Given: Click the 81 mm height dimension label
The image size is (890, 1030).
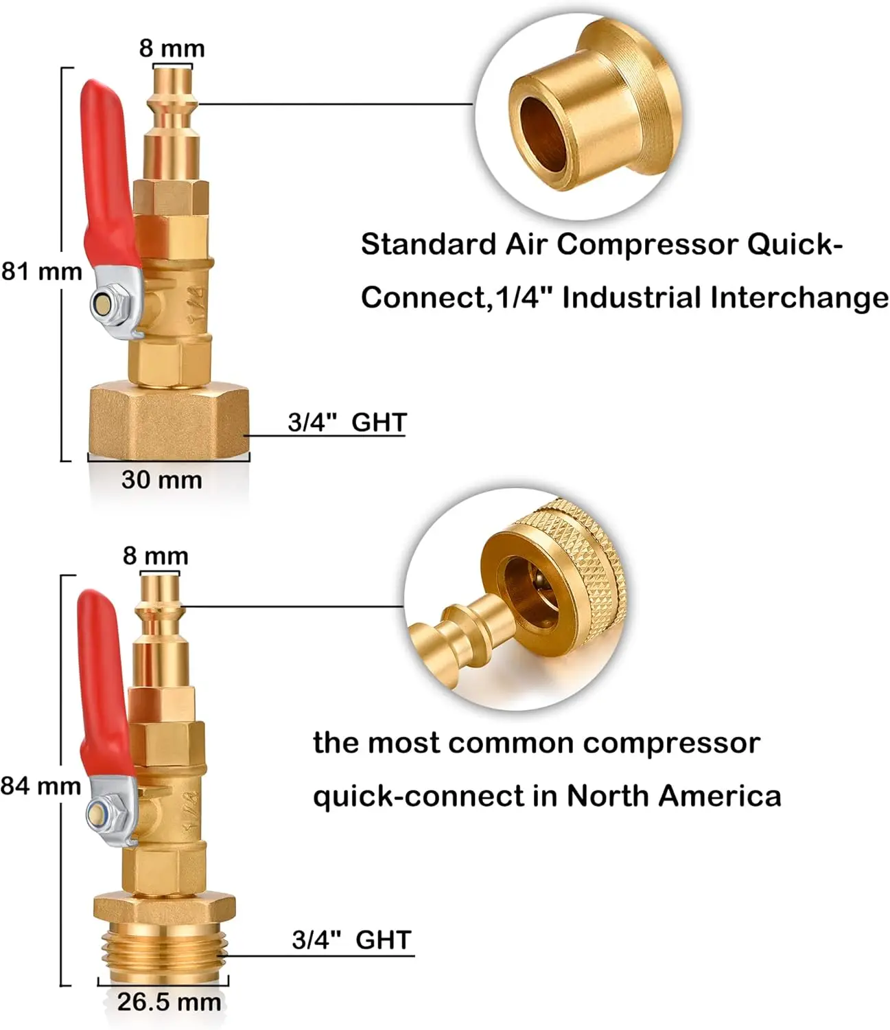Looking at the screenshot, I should (41, 272).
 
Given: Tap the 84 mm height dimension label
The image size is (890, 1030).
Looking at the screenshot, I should (40, 786).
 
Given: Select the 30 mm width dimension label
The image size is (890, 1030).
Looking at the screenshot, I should (162, 479).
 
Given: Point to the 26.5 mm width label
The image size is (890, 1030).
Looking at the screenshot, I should (169, 1002).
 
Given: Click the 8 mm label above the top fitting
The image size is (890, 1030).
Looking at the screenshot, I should (172, 49).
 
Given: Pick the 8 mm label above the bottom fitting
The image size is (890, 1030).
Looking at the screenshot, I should (155, 556).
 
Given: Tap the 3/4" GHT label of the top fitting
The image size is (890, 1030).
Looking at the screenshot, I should (347, 422).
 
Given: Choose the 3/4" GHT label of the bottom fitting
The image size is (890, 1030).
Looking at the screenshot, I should (351, 939).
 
